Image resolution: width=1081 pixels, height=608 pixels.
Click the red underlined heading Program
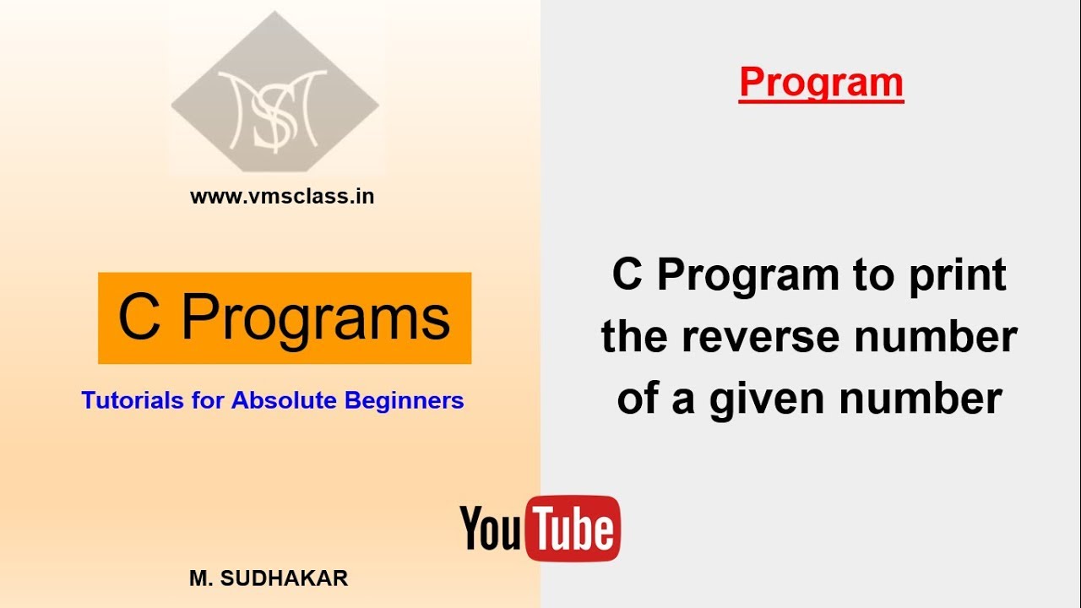click(x=821, y=83)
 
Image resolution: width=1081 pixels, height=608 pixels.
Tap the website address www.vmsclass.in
click(x=282, y=197)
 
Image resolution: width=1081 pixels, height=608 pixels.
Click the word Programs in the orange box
click(x=316, y=318)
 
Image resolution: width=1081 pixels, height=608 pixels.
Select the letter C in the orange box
click(x=139, y=318)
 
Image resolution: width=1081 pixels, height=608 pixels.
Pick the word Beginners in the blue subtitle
click(x=405, y=399)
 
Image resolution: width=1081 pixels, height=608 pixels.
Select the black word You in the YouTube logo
click(x=492, y=529)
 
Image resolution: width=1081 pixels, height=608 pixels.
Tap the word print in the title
click(x=957, y=275)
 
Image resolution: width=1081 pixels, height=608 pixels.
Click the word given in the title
click(x=765, y=399)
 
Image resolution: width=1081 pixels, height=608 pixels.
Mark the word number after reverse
click(x=935, y=338)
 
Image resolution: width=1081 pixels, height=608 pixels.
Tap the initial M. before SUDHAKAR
click(x=199, y=578)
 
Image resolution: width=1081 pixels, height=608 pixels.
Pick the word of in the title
click(x=637, y=399)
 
